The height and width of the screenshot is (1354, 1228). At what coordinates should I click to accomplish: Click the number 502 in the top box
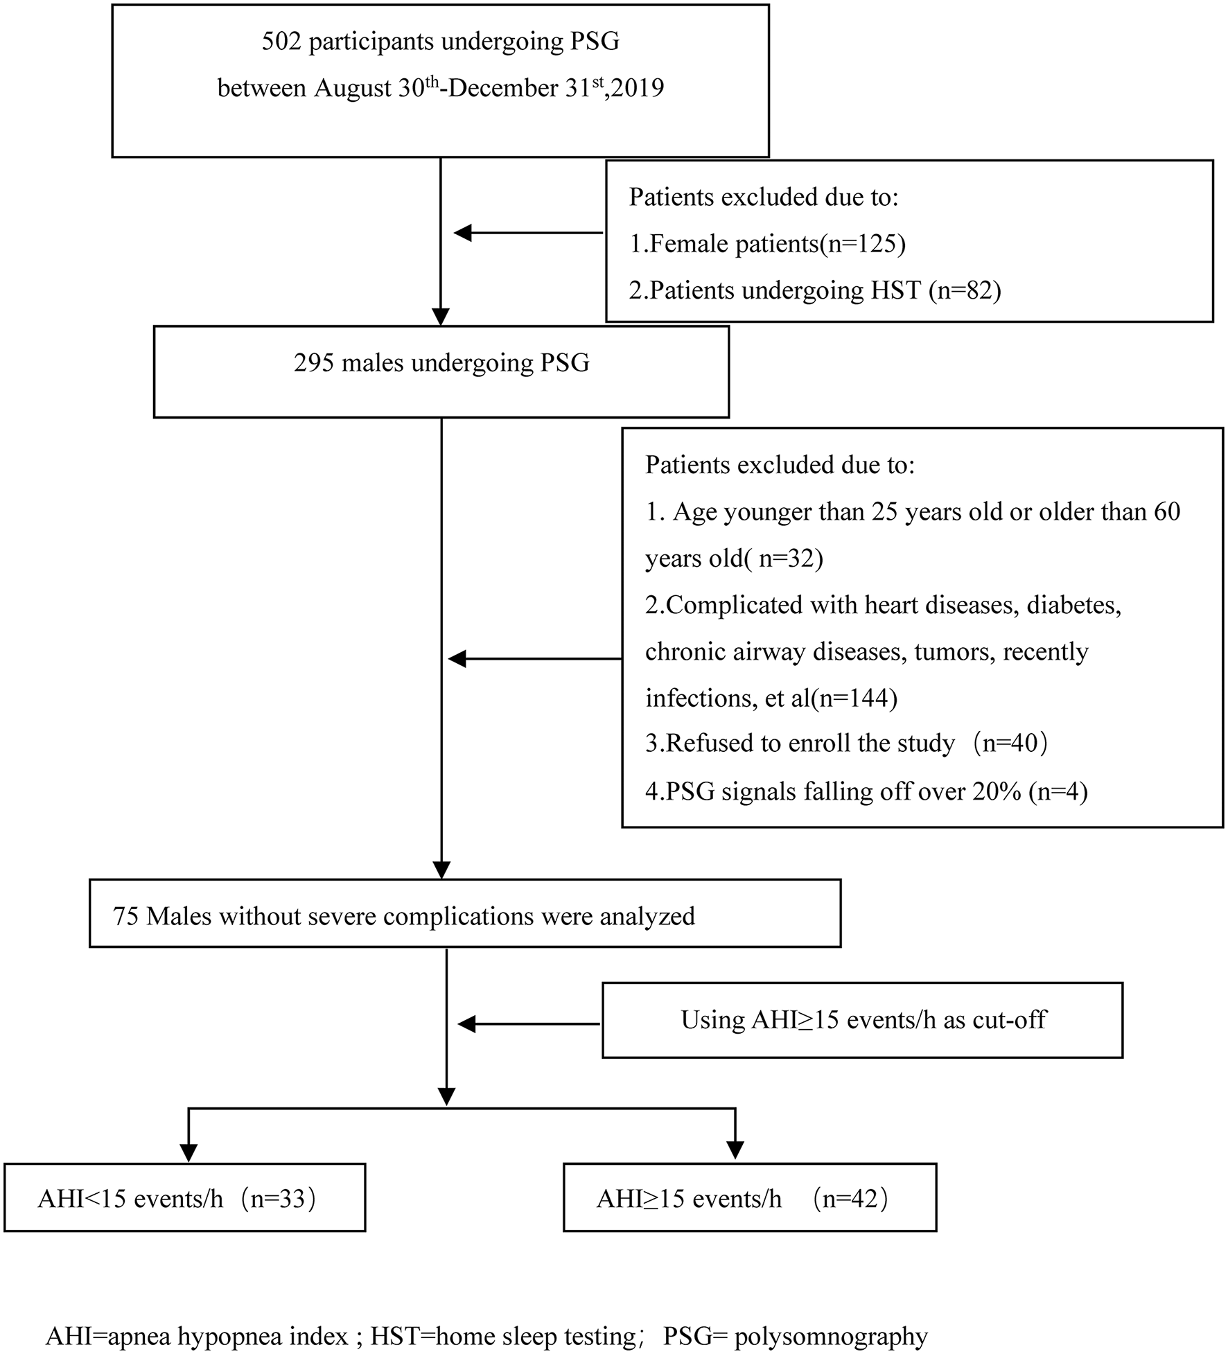click(281, 42)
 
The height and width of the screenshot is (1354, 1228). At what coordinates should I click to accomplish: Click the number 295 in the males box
click(314, 363)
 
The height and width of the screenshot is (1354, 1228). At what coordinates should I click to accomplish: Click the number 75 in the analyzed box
click(126, 917)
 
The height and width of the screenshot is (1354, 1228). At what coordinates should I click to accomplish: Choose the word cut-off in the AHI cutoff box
click(1012, 1020)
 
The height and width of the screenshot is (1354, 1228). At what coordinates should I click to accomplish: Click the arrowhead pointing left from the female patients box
click(462, 234)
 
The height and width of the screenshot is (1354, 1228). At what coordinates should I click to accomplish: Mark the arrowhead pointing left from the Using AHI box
click(466, 1024)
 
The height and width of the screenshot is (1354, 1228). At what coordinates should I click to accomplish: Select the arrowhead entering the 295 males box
click(441, 317)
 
